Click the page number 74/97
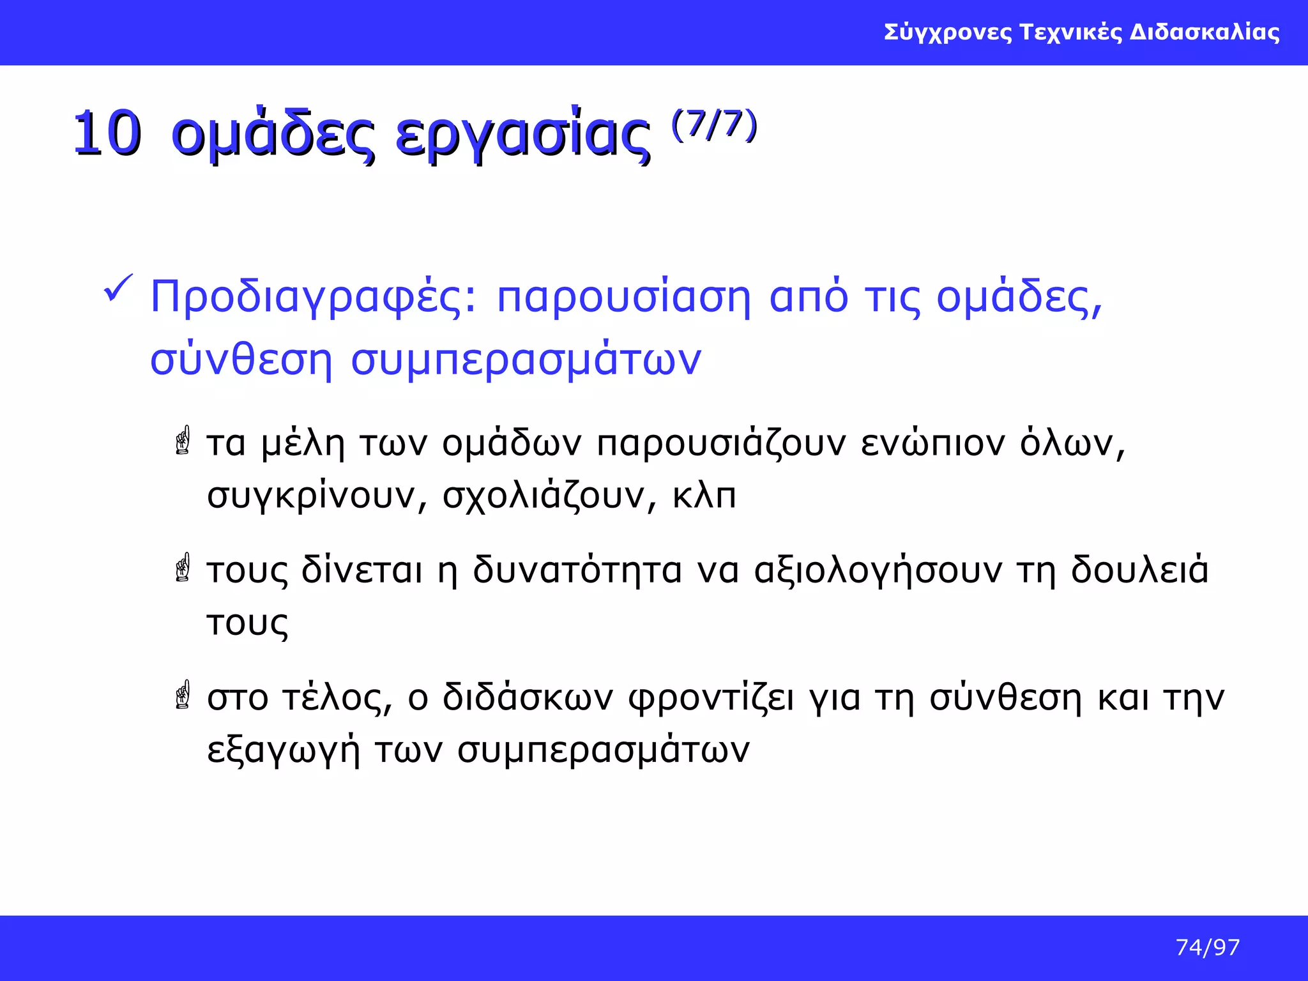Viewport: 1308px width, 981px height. click(x=1207, y=947)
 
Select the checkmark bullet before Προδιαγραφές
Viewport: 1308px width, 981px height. click(x=118, y=289)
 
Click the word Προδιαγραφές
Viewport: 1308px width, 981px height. click(x=313, y=298)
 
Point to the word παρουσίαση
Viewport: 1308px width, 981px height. click(x=623, y=298)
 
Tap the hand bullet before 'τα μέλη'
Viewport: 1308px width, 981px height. click(x=183, y=441)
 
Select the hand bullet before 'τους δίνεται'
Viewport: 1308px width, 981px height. click(x=183, y=567)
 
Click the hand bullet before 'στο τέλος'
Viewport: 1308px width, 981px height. click(x=183, y=694)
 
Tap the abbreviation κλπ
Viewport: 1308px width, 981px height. click(x=704, y=496)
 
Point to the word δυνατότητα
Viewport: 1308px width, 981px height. click(x=577, y=570)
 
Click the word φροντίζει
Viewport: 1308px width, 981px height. click(x=711, y=698)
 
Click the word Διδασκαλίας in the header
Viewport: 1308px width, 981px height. click(x=1205, y=32)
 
